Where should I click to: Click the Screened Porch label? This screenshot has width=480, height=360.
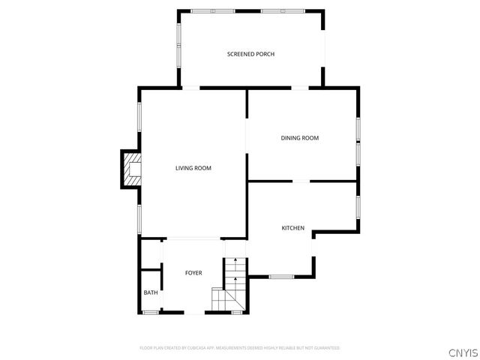pyautogui.click(x=250, y=54)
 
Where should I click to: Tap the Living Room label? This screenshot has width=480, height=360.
pyautogui.click(x=193, y=168)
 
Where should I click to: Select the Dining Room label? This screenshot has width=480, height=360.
pyautogui.click(x=300, y=138)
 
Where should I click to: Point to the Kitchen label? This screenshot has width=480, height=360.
pyautogui.click(x=292, y=228)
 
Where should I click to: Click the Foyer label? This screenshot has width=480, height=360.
pyautogui.click(x=193, y=273)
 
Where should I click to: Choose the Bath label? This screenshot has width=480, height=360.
pyautogui.click(x=151, y=292)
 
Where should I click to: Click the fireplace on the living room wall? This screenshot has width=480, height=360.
pyautogui.click(x=130, y=169)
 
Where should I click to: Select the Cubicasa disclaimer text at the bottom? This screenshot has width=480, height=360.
pyautogui.click(x=240, y=348)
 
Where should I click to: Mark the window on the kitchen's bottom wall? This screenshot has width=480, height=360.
pyautogui.click(x=281, y=277)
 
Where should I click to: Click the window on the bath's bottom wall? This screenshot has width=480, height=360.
pyautogui.click(x=151, y=313)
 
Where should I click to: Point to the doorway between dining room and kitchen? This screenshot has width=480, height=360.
pyautogui.click(x=300, y=181)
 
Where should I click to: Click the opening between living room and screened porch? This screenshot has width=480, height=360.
pyautogui.click(x=192, y=88)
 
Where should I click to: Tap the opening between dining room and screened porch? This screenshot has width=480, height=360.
pyautogui.click(x=300, y=88)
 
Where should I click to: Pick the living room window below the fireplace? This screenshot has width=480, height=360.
pyautogui.click(x=139, y=217)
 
